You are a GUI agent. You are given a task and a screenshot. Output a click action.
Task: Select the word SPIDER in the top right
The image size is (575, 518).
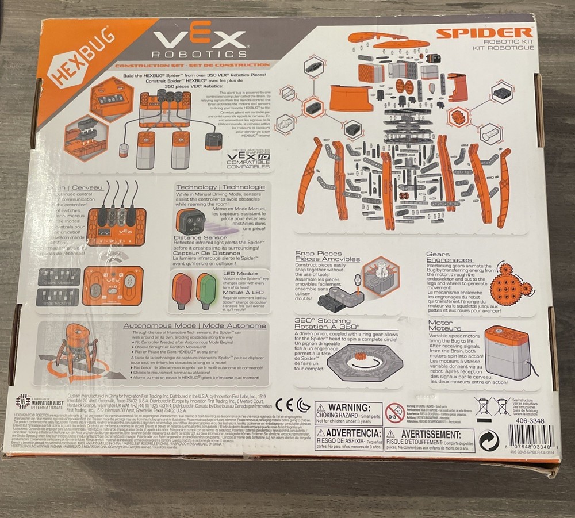(484, 33)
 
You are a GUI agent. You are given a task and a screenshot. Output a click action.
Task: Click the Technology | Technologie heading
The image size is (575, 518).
(220, 187)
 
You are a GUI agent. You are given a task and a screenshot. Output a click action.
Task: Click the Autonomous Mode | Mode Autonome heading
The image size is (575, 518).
(195, 326)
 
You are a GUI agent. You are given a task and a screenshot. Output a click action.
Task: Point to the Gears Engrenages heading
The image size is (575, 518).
(450, 257)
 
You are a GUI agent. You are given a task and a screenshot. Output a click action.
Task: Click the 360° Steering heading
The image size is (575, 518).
(323, 323)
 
